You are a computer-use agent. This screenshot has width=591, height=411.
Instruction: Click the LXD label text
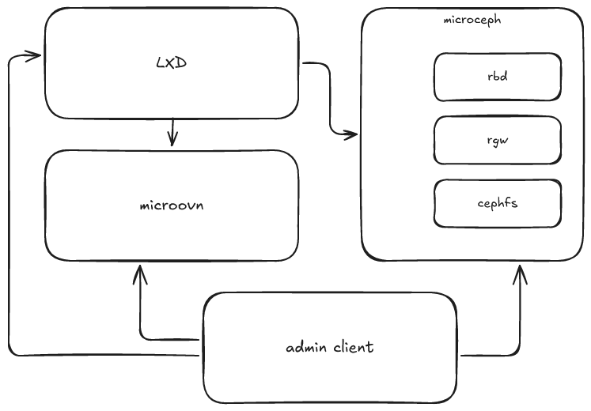(x=171, y=62)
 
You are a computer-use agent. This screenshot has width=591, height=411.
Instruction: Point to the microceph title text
(x=472, y=20)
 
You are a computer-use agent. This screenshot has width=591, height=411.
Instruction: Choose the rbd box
(x=498, y=77)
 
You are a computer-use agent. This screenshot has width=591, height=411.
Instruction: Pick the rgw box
(x=498, y=141)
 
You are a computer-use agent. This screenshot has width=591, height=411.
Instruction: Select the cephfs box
(x=498, y=202)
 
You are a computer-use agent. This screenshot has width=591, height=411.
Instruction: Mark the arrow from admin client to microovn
(x=141, y=316)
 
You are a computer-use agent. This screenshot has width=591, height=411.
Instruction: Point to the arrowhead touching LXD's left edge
(x=34, y=56)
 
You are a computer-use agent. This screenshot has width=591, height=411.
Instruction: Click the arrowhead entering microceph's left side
(x=350, y=134)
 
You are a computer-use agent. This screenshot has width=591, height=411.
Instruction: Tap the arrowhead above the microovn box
(x=172, y=141)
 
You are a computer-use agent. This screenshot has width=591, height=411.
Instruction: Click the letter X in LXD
(x=171, y=62)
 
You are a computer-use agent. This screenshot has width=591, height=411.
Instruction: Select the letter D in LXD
(x=181, y=62)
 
